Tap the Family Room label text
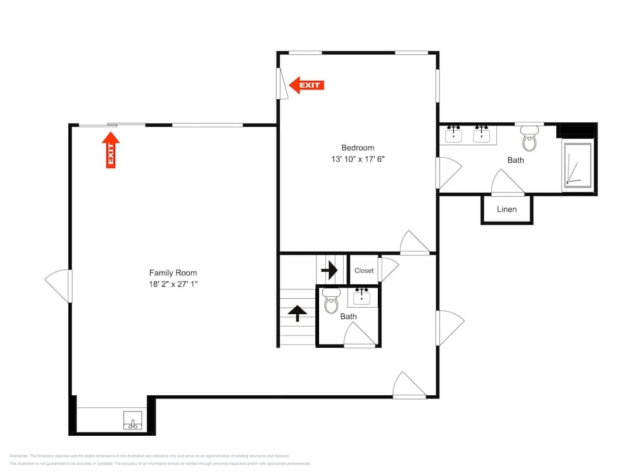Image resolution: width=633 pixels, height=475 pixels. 168,273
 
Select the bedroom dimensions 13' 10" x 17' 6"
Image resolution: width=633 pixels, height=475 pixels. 358,160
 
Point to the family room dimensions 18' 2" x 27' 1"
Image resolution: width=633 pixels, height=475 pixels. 168,285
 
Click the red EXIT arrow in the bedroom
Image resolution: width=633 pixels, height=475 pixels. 306,85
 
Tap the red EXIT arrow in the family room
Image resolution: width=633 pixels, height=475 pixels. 111,150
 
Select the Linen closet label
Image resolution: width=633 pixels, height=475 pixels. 506,210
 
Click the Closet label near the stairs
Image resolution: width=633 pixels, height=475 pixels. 364,270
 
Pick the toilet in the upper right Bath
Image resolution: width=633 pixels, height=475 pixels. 529,139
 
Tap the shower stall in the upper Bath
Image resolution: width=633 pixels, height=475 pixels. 577,165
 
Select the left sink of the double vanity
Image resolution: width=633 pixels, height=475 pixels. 453,134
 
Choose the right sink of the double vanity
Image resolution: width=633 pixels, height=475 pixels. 482,134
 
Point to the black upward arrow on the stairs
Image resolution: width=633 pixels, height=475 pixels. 298,312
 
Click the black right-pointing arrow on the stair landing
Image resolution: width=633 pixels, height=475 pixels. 329,270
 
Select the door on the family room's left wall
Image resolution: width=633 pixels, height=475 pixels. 60,285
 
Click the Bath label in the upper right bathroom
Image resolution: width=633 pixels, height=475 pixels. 516,160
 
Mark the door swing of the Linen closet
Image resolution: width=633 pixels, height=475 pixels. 508,184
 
